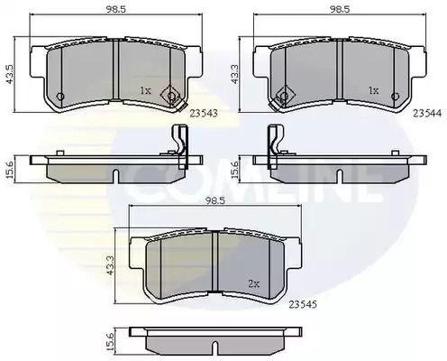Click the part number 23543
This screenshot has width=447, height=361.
[204, 114]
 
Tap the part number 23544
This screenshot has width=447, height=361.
[427, 113]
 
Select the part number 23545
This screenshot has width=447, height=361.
[303, 305]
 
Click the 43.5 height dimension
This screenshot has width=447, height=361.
[11, 74]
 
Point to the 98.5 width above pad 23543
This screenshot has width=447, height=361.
[115, 9]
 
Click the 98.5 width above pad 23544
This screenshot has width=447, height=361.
[340, 9]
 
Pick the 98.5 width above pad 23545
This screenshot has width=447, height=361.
[214, 199]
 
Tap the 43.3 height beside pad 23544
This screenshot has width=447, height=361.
[234, 74]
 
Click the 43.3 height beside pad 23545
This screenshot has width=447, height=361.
[110, 265]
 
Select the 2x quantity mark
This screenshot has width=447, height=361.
[254, 283]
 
